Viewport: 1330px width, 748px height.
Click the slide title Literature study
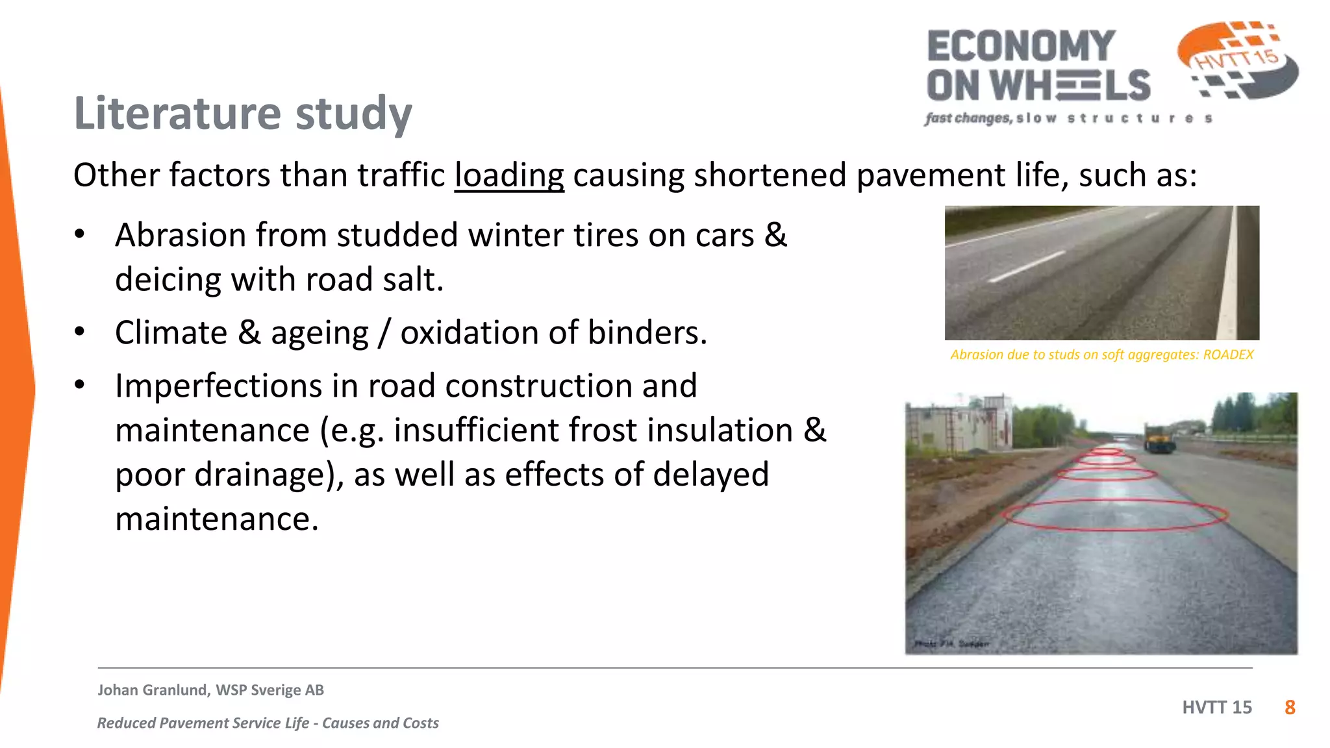tap(243, 114)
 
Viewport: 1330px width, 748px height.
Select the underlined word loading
tap(508, 175)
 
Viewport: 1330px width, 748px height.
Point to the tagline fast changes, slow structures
tap(1068, 118)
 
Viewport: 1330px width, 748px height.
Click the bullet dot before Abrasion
tap(79, 234)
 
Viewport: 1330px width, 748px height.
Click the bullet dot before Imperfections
tap(79, 385)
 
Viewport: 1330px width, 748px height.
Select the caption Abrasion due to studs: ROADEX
tap(1101, 355)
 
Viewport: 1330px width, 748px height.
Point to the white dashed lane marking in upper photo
tap(1026, 267)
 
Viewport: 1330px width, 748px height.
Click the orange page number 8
tap(1290, 708)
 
